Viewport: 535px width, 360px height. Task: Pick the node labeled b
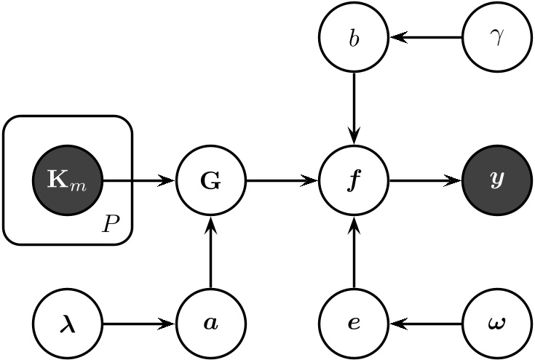354,37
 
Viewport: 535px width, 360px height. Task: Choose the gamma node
497,37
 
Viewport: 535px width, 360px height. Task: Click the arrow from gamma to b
425,37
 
